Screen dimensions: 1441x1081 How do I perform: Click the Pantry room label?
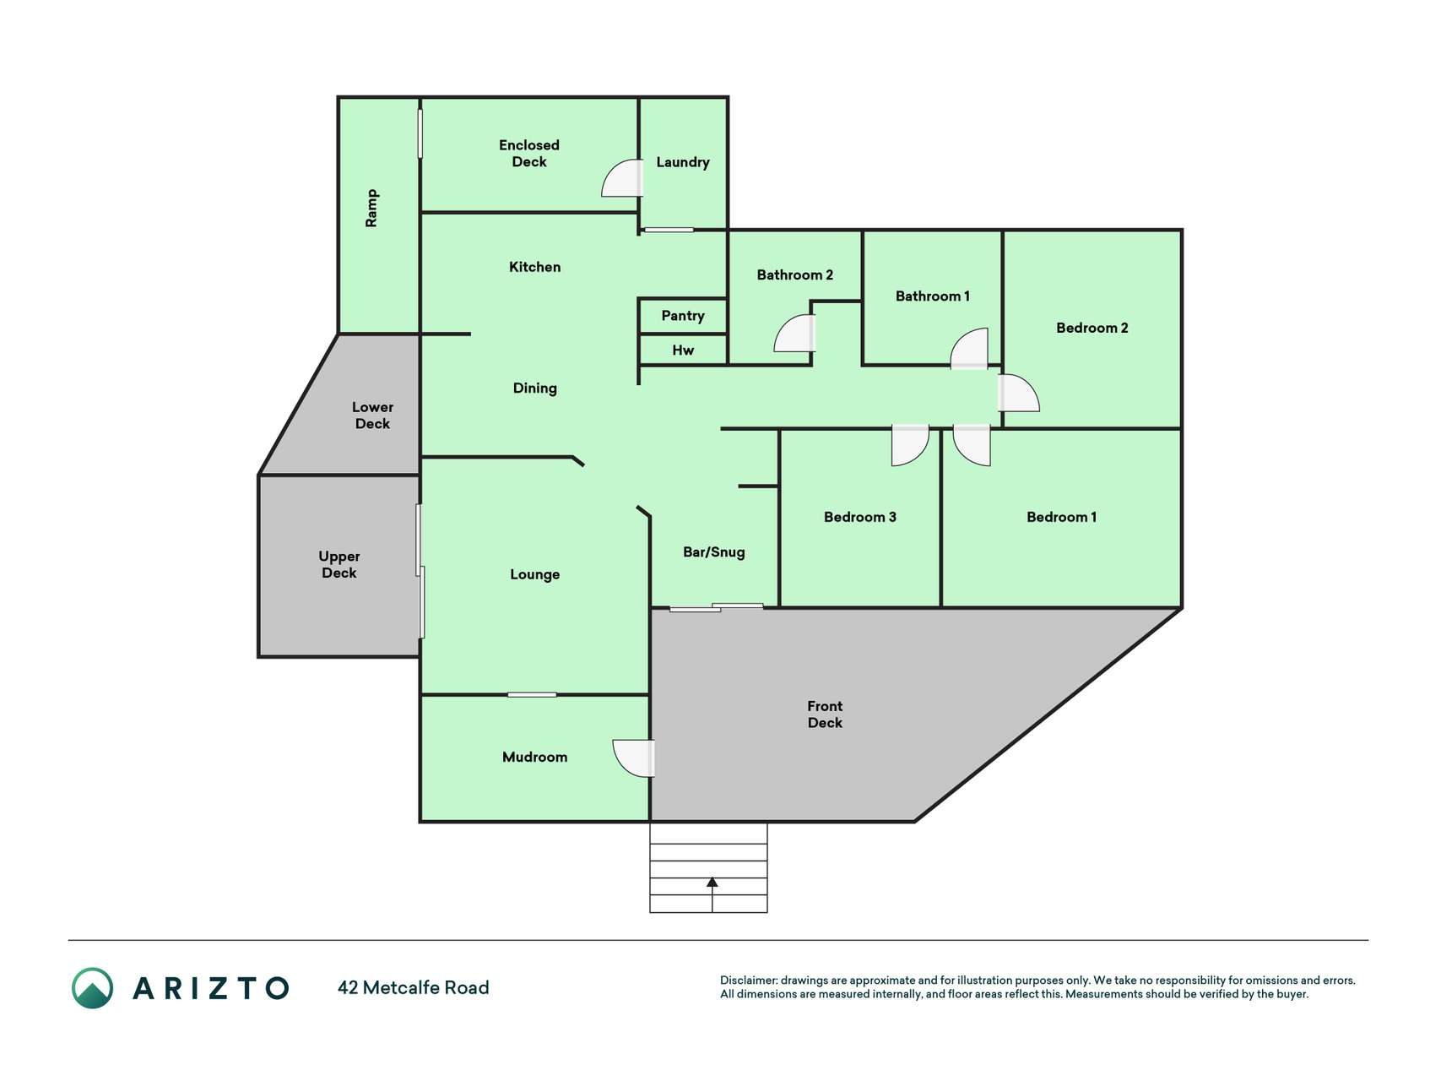[682, 316]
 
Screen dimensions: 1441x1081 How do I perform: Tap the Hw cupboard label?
[683, 350]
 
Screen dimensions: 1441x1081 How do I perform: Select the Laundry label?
[683, 162]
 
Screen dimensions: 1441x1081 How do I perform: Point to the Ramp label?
[371, 208]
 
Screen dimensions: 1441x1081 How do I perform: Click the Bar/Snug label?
[714, 552]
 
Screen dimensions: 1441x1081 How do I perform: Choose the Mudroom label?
[534, 758]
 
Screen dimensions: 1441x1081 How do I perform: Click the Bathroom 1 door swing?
[969, 348]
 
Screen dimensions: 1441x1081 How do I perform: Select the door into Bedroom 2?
[1019, 393]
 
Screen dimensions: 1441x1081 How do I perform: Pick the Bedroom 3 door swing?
[910, 445]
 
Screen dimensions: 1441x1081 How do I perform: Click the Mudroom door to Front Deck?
[634, 758]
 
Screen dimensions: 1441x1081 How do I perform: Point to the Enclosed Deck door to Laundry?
[622, 178]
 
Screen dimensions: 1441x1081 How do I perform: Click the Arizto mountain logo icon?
[92, 988]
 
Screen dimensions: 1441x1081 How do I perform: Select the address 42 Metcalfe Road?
[413, 988]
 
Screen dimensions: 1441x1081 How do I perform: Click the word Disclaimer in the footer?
[748, 981]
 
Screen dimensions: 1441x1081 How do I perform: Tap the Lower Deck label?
[372, 416]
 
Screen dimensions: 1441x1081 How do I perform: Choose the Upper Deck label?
[339, 564]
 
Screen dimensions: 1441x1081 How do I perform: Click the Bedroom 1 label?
[1061, 517]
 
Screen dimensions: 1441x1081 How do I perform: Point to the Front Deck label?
[825, 714]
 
